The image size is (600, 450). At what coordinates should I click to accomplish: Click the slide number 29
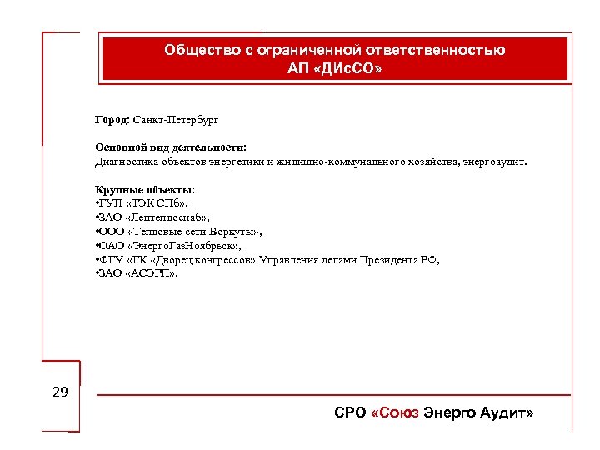tap(60, 392)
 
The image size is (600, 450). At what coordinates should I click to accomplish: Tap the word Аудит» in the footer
tap(505, 413)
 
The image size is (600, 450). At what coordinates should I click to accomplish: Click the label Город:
tap(112, 120)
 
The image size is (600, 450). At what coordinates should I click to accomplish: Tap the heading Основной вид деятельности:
tap(170, 147)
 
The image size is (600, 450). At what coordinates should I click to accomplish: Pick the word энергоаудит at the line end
tap(496, 161)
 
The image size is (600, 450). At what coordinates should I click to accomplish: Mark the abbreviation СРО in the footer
tap(348, 413)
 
